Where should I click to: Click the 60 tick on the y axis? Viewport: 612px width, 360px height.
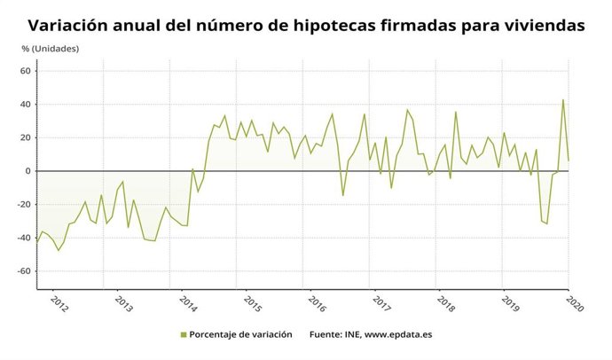(x=26, y=71)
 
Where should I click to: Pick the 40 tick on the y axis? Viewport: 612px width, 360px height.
(x=26, y=105)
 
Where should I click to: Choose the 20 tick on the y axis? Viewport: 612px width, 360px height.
(x=26, y=137)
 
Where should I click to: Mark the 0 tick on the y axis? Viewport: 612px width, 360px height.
(x=28, y=171)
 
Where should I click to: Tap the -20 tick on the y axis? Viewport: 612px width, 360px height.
(x=24, y=204)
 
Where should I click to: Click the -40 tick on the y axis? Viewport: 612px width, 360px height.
(x=24, y=238)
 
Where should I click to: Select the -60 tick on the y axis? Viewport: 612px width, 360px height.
(x=24, y=271)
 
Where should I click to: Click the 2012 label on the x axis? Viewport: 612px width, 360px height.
(x=59, y=301)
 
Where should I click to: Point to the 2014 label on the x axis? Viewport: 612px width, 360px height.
(x=188, y=301)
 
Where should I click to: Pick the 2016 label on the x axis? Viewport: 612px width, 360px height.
(x=317, y=301)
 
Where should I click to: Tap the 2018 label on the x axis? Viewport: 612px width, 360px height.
(x=445, y=301)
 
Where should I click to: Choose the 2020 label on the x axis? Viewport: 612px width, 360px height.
(x=573, y=301)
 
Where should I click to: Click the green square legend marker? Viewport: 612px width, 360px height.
(x=184, y=335)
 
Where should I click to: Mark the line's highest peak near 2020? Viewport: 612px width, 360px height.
(x=563, y=99)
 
